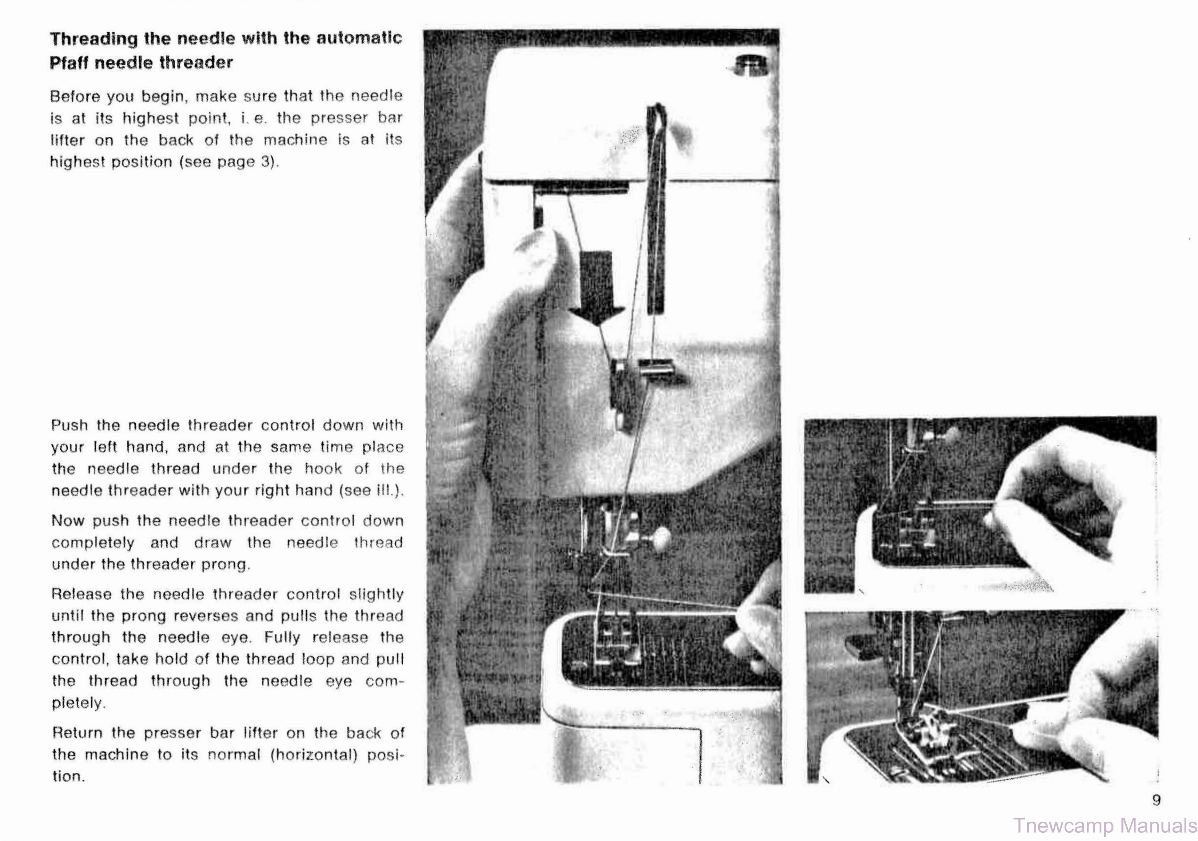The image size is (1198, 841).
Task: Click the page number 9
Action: (1156, 800)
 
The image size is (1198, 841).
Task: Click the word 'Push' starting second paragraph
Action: (69, 425)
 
